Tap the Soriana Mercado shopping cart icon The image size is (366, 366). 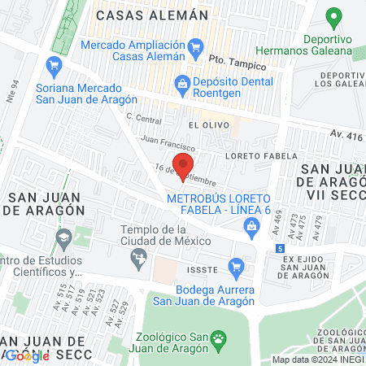coord(55,65)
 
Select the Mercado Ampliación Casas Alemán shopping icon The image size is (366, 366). coord(194,49)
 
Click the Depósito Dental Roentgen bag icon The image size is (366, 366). coord(182,82)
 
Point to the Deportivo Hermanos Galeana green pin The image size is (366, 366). coord(332,17)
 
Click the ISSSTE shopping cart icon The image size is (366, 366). coord(236,264)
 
